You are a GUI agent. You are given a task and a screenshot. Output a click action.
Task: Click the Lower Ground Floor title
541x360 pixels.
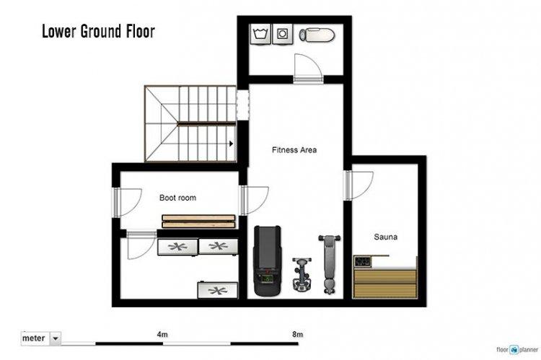[x=98, y=32]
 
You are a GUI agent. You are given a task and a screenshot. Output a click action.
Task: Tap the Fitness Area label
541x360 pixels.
[x=294, y=150]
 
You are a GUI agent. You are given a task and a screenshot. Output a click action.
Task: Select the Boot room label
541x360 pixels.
[x=177, y=198]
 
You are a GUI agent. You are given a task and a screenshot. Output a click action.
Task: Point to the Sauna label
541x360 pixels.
[x=386, y=237]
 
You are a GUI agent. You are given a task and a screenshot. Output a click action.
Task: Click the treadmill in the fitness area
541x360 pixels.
[x=268, y=260]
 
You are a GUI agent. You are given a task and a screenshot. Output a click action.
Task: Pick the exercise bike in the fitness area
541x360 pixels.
[x=302, y=274]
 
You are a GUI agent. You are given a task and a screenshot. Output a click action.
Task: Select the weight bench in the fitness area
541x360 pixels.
[x=330, y=264]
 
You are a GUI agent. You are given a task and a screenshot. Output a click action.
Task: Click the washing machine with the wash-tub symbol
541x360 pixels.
[x=260, y=34]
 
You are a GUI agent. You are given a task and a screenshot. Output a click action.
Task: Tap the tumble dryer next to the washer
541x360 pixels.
[x=283, y=34]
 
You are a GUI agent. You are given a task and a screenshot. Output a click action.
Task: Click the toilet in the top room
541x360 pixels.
[x=317, y=35]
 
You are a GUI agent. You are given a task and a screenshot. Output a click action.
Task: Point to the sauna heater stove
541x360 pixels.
[x=362, y=261]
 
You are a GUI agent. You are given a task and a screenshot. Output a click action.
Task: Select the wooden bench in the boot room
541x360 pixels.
[x=199, y=221]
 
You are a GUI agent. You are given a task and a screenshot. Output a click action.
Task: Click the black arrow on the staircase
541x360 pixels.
[x=231, y=144]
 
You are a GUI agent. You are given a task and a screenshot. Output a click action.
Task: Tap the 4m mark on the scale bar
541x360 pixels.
[x=162, y=335]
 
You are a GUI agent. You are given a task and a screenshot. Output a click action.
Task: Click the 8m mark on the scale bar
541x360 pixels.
[x=297, y=335]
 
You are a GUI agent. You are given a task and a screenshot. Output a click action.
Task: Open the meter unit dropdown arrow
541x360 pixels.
[x=56, y=338]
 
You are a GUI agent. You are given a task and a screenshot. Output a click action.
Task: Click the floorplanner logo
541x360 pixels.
[x=517, y=350]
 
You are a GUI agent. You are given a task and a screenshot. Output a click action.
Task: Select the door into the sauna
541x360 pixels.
[x=359, y=185]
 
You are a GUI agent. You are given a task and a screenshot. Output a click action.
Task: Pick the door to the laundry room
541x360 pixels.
[x=308, y=69]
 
